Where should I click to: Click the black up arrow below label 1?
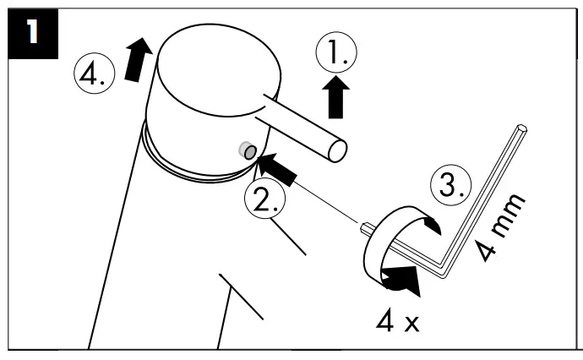pyautogui.click(x=336, y=100)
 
